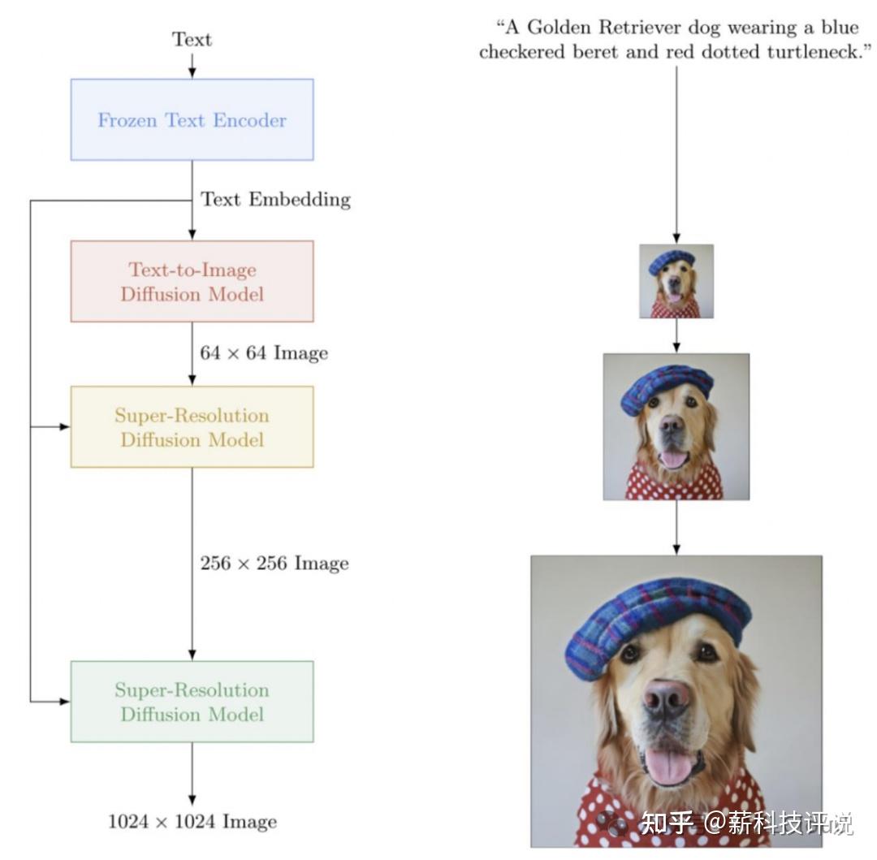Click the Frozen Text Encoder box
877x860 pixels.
pyautogui.click(x=192, y=119)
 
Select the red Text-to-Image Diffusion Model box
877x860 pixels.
pyautogui.click(x=192, y=281)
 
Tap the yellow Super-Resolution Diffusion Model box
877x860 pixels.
pyautogui.click(x=192, y=426)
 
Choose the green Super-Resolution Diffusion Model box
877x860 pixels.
pyautogui.click(x=192, y=701)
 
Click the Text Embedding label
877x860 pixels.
pyautogui.click(x=275, y=199)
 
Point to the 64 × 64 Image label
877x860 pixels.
pyautogui.click(x=264, y=352)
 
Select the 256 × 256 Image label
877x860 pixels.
pyautogui.click(x=274, y=563)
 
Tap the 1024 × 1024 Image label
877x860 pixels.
pyautogui.click(x=192, y=821)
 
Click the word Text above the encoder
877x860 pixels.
pyautogui.click(x=192, y=39)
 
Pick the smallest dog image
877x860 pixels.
pyautogui.click(x=676, y=281)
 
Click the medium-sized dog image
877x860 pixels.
pyautogui.click(x=676, y=426)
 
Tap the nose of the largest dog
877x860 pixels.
pyautogui.click(x=667, y=697)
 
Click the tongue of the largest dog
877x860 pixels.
pyautogui.click(x=667, y=765)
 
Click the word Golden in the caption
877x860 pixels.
pyautogui.click(x=560, y=28)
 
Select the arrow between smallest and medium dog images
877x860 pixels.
pyautogui.click(x=676, y=335)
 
